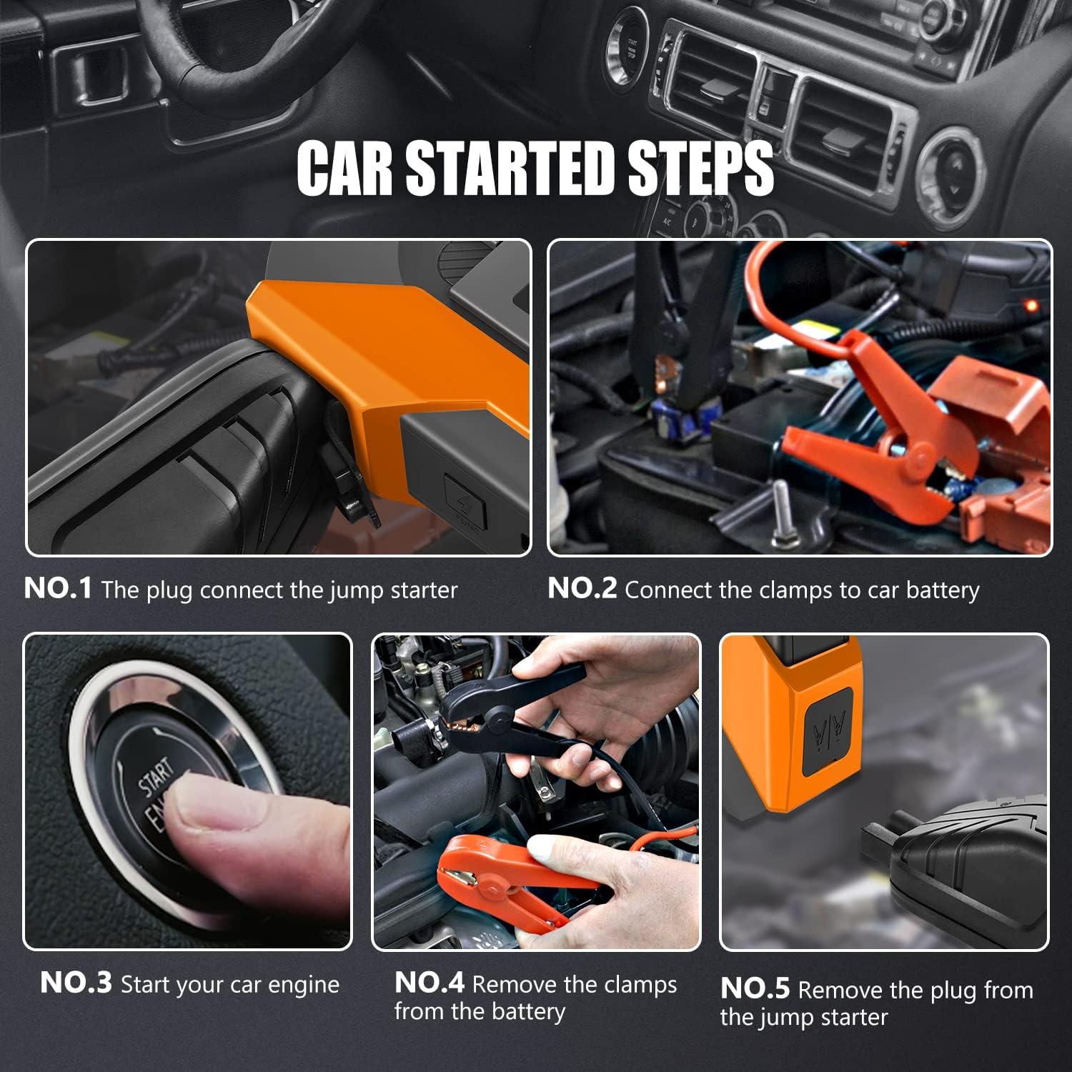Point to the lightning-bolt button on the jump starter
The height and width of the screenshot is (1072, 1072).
(465, 500)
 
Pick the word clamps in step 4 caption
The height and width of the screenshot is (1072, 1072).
(640, 985)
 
